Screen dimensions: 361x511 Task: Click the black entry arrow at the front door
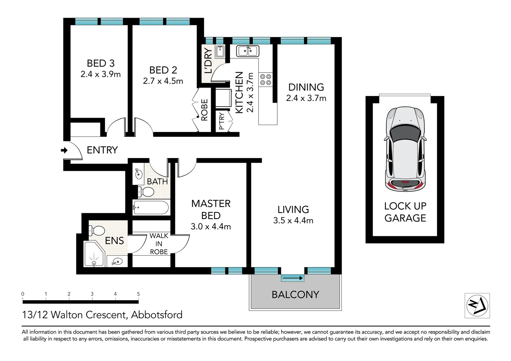coord(64,150)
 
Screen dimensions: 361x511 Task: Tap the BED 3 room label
coord(101,63)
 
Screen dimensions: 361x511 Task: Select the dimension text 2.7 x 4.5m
coord(163,81)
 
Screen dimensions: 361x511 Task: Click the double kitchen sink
coord(247,51)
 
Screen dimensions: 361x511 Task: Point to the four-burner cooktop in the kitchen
coord(266,80)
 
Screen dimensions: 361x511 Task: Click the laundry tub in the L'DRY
coord(220,51)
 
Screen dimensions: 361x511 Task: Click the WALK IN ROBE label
coord(159,244)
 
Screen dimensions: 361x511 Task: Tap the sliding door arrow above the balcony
coord(293,278)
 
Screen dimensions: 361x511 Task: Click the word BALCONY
coord(295,294)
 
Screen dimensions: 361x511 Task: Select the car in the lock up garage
coord(405,149)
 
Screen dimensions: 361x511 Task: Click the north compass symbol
coord(477,306)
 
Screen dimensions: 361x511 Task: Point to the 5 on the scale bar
coord(138,294)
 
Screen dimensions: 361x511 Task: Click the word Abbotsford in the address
coord(157,315)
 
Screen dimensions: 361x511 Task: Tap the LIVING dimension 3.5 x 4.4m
coord(293,221)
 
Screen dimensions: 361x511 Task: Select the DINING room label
coord(306,87)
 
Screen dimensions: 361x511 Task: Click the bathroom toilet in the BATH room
coord(146,192)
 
